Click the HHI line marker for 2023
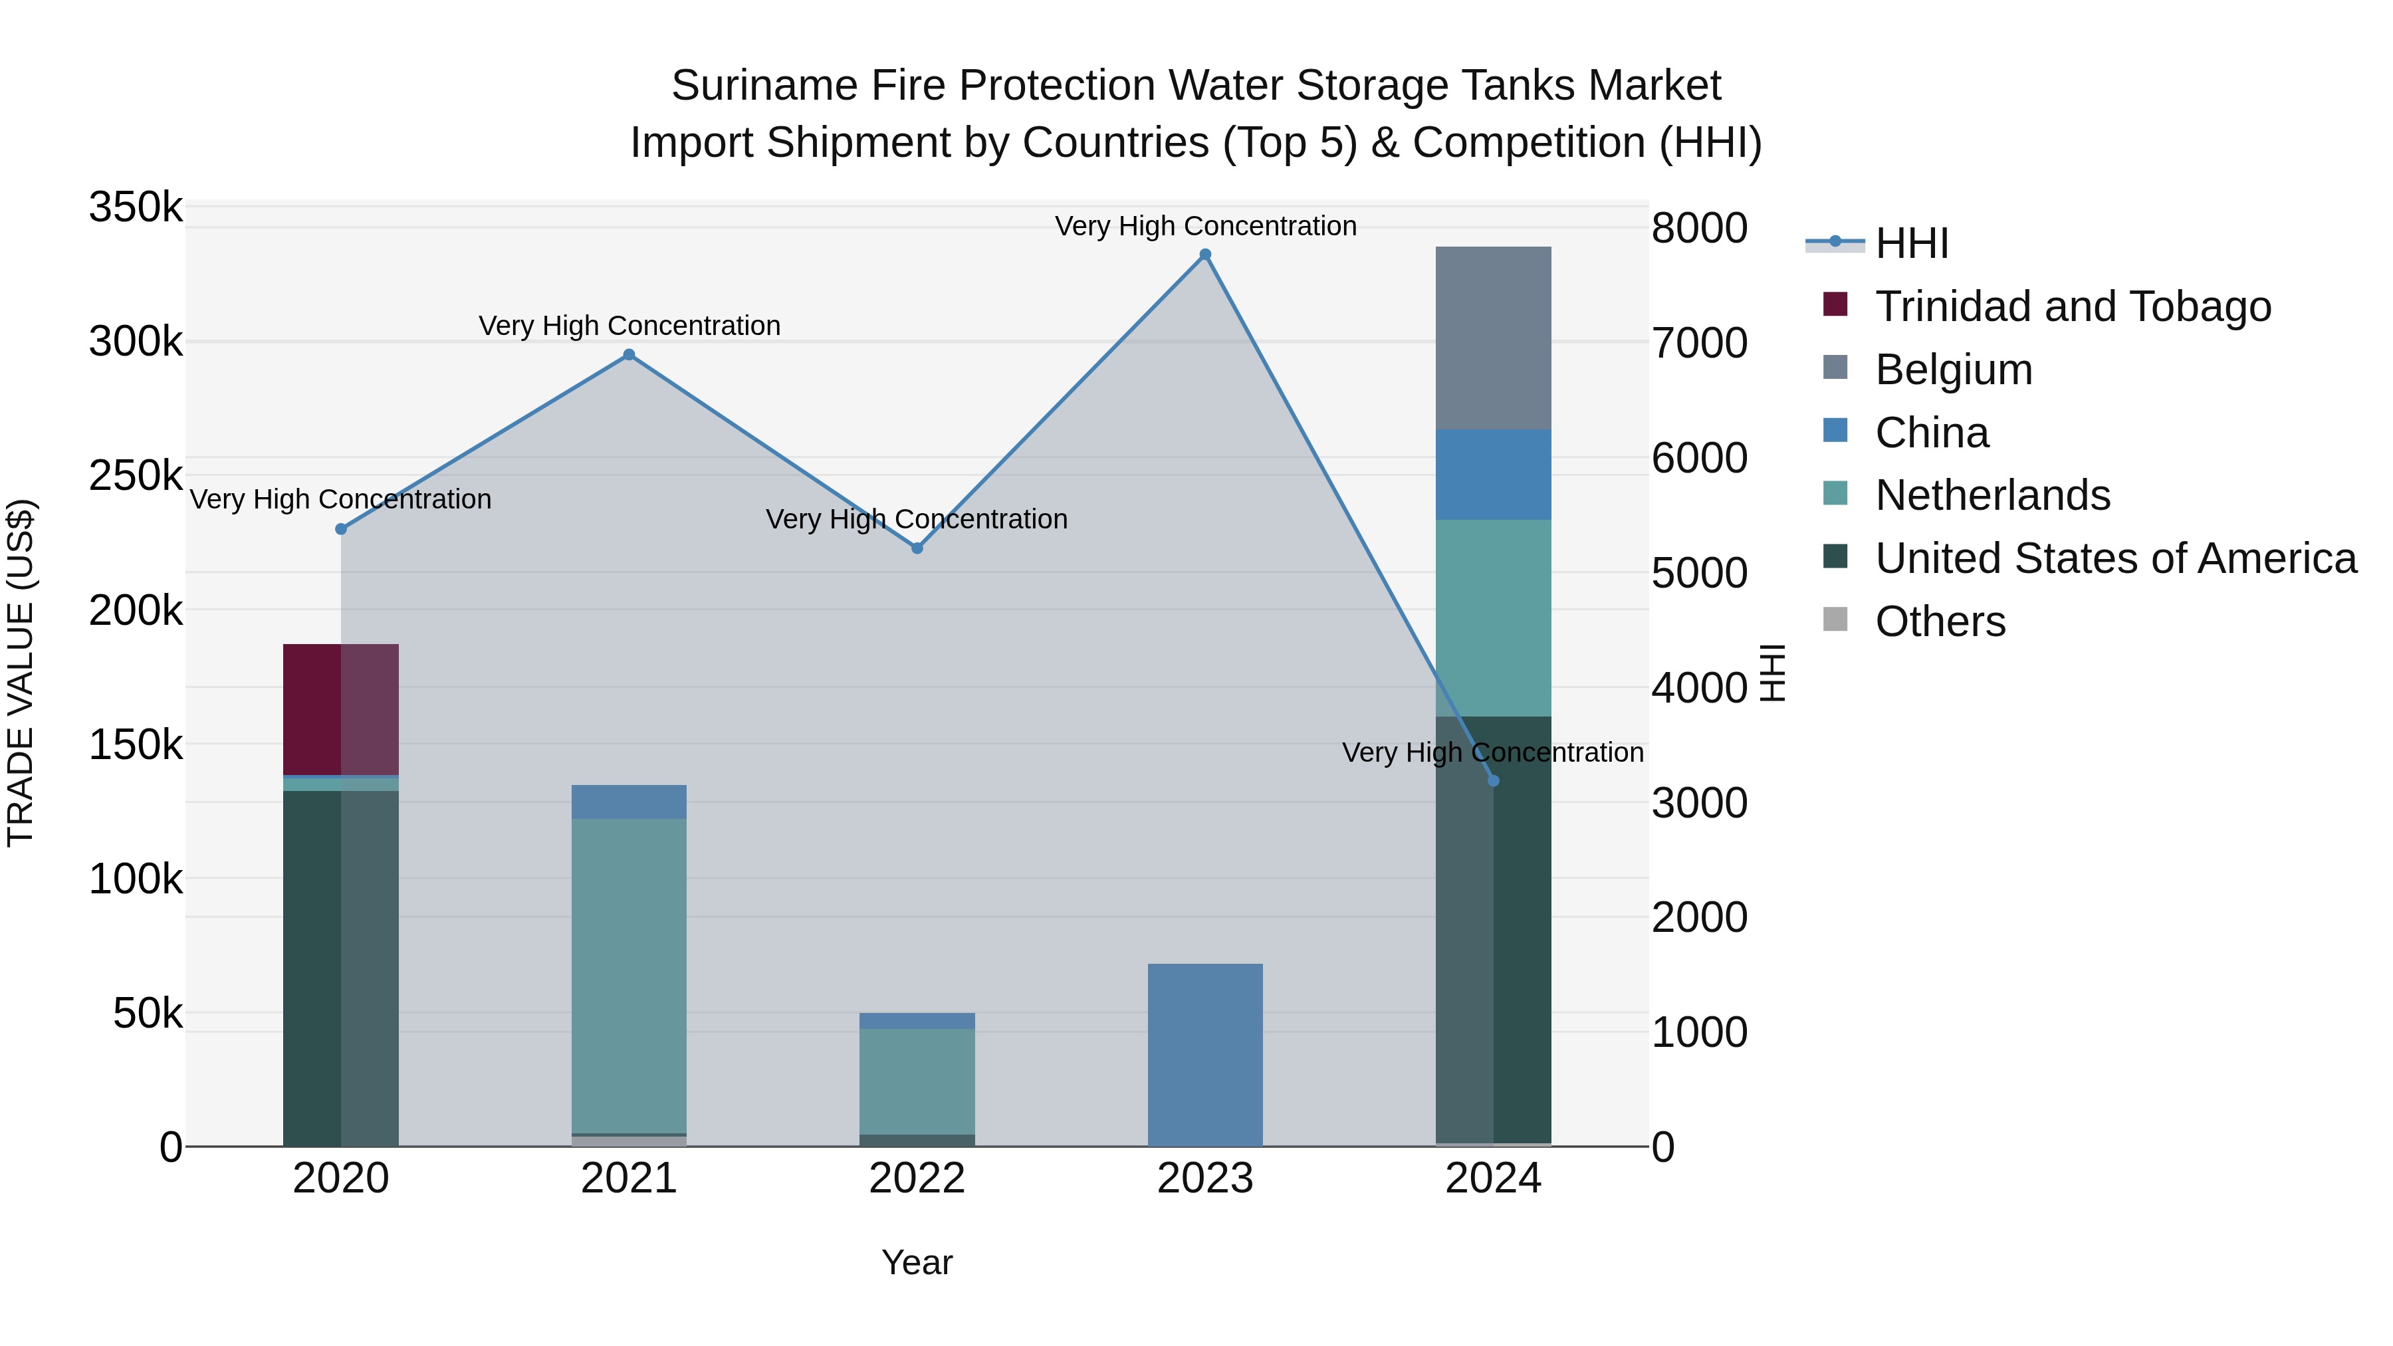(1205, 255)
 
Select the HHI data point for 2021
(629, 355)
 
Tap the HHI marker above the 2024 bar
(1494, 781)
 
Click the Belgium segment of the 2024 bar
(1494, 338)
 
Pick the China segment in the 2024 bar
(1494, 475)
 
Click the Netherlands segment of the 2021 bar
(629, 975)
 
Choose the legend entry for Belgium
(1954, 370)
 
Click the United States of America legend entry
(2115, 559)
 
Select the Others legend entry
(1940, 621)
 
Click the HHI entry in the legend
(1912, 243)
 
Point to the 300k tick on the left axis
(136, 342)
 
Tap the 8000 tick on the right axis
(1699, 229)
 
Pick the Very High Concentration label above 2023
(1205, 227)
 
